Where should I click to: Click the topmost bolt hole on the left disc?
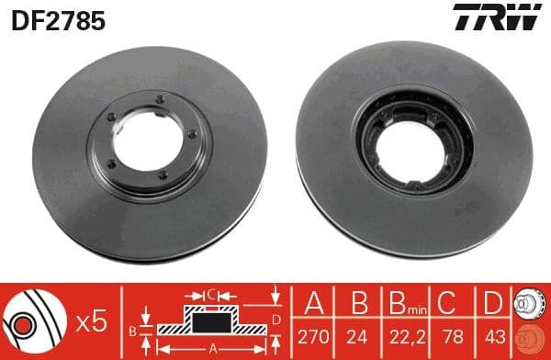160,100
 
